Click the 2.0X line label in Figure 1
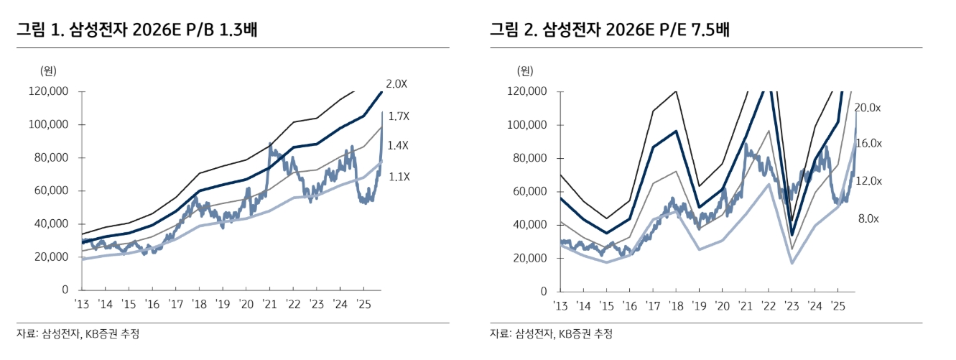pyautogui.click(x=396, y=84)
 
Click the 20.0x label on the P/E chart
pyautogui.click(x=869, y=108)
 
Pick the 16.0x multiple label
pyautogui.click(x=869, y=144)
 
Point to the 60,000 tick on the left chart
pyautogui.click(x=52, y=191)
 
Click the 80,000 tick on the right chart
pyautogui.click(x=526, y=158)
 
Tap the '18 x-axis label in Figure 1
pyautogui.click(x=200, y=304)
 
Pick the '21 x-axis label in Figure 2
pyautogui.click(x=744, y=305)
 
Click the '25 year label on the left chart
pyautogui.click(x=363, y=304)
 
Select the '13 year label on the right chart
pyautogui.click(x=561, y=305)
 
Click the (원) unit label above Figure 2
pyautogui.click(x=526, y=70)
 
